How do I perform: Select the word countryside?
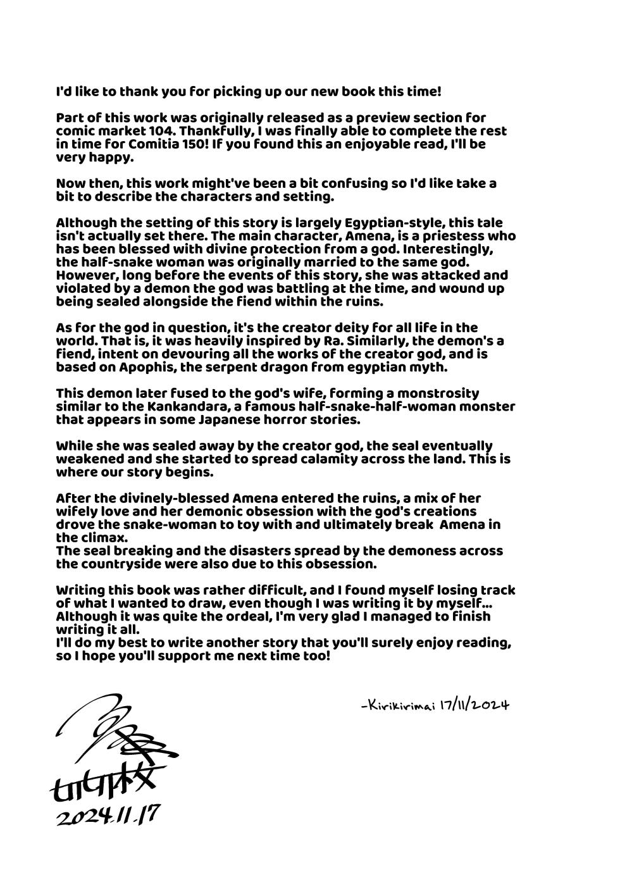[x=123, y=563]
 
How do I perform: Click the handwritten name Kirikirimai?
[x=397, y=704]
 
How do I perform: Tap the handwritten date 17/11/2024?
[x=474, y=704]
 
